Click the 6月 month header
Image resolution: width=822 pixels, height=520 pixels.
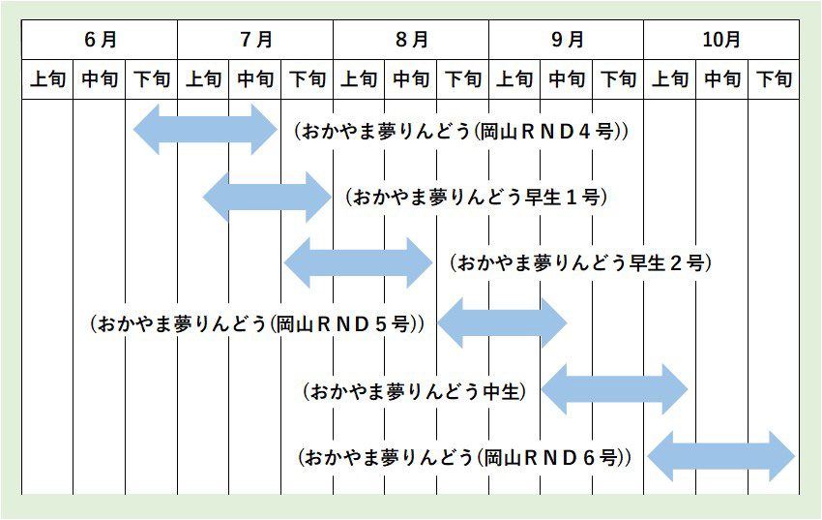point(101,40)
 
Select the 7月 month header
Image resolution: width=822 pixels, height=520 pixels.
point(255,40)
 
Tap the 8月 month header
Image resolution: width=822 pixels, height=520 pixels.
point(411,40)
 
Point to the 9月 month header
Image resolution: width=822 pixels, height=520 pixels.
point(567,40)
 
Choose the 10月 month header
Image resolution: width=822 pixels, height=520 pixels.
point(721,40)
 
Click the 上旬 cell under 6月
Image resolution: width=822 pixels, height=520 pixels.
point(47,79)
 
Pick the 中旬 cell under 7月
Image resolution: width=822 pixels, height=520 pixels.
point(255,79)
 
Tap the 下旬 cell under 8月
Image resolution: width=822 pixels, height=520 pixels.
point(462,79)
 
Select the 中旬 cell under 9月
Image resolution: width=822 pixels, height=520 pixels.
point(567,79)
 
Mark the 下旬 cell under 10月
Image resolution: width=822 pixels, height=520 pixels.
point(774,79)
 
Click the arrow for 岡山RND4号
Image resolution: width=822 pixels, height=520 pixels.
point(205,130)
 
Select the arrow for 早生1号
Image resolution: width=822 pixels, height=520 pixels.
point(267,197)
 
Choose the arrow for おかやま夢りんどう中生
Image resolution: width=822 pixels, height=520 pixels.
point(614,390)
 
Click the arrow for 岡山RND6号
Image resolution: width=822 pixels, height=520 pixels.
point(720,456)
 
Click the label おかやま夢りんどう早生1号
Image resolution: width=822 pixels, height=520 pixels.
point(476,198)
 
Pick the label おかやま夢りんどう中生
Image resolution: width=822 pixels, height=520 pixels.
point(414,391)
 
